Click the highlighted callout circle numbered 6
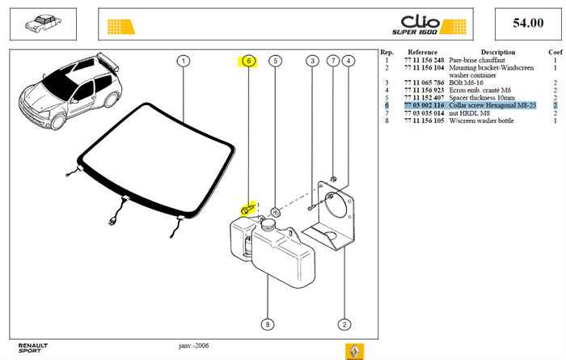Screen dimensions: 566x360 [248, 61]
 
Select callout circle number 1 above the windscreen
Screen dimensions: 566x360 [184, 61]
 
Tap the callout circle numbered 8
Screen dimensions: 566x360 [268, 324]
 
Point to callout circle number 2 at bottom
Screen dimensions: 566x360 [344, 324]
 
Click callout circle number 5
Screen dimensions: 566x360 [276, 61]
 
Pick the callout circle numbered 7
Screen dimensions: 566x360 [333, 61]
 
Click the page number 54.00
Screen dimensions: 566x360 [528, 23]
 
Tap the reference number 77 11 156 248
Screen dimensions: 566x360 [424, 61]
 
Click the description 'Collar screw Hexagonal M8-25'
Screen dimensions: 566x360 [492, 105]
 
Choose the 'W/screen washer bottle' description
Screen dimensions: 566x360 [481, 121]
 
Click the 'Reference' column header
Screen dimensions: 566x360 [422, 53]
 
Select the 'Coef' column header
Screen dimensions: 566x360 [555, 53]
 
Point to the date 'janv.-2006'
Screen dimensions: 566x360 [194, 345]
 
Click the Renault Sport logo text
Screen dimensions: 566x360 [33, 348]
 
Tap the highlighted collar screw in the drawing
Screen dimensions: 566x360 [247, 209]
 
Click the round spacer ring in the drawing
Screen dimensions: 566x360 [276, 212]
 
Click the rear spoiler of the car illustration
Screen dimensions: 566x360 [108, 61]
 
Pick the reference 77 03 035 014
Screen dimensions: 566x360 [424, 113]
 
